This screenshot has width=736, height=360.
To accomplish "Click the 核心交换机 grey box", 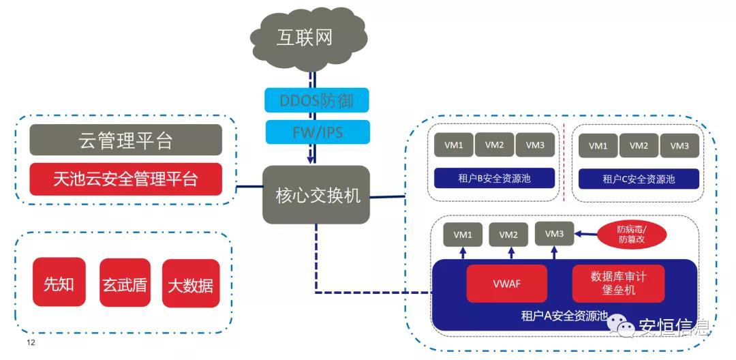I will (x=316, y=195).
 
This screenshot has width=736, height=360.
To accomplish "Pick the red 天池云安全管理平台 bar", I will (x=125, y=179).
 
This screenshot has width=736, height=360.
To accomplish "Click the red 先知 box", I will (x=59, y=282).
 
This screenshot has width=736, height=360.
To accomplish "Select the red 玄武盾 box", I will (x=124, y=282).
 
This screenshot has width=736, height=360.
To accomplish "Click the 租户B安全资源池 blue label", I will (x=494, y=179).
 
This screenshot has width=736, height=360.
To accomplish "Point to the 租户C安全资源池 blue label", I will (x=639, y=179).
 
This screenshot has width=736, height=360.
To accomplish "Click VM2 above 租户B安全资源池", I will (x=495, y=145).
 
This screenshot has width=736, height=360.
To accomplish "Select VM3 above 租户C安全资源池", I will (x=679, y=145).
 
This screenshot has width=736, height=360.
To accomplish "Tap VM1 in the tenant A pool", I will (x=463, y=235).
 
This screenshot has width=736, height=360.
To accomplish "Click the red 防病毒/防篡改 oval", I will (x=631, y=235).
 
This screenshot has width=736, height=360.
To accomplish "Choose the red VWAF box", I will (x=507, y=284).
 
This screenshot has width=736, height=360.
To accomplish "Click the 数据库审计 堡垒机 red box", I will (x=618, y=284).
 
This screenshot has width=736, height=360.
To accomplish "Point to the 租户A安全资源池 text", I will (x=564, y=316).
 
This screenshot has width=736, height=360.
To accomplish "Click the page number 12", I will (x=31, y=342).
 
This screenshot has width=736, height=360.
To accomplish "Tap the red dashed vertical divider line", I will (x=564, y=164).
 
